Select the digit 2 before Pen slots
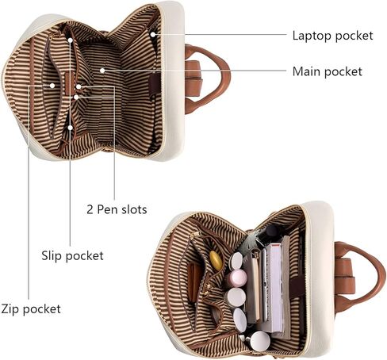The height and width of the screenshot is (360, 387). [x=90, y=209]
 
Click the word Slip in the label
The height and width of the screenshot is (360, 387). [x=52, y=255]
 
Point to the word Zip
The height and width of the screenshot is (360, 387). [x=10, y=308]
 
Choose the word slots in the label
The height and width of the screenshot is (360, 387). [x=134, y=209]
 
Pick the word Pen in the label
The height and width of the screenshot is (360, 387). [x=108, y=209]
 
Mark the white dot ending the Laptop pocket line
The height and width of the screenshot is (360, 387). [x=153, y=34]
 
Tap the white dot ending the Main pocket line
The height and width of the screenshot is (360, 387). [x=102, y=71]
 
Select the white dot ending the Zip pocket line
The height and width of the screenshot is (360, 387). [x=52, y=86]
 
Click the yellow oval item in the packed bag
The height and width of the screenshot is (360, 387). [x=216, y=260]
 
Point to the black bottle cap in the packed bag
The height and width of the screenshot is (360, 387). [x=272, y=231]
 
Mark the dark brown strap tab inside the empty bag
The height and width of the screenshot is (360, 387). [x=155, y=84]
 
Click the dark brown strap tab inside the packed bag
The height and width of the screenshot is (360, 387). [x=298, y=287]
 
